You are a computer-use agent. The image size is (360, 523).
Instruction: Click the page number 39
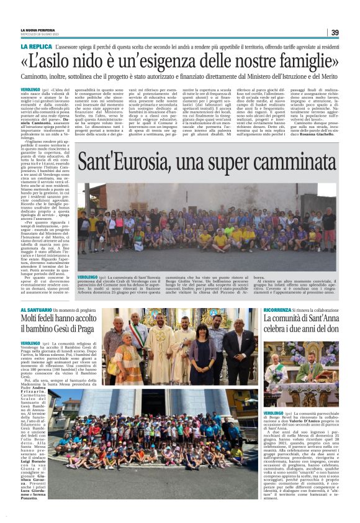335,32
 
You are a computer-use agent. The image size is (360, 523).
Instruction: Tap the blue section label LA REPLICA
35,47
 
